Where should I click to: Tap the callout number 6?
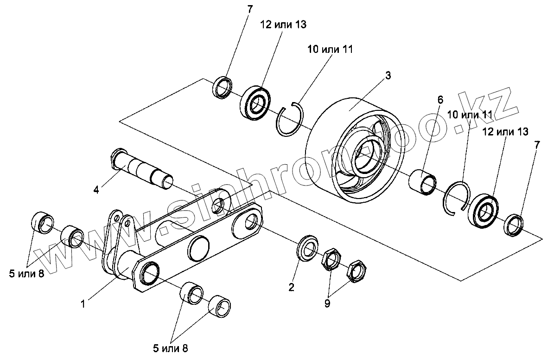pyautogui.click(x=440, y=99)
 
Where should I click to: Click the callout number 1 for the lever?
pyautogui.click(x=83, y=304)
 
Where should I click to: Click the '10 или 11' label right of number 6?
pyautogui.click(x=470, y=114)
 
